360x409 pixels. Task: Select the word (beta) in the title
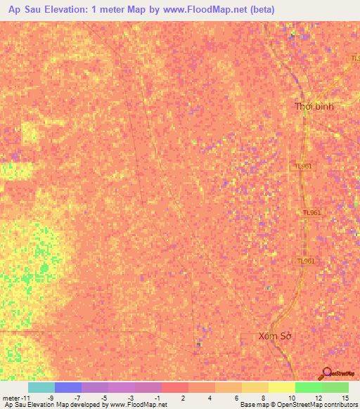[259, 10]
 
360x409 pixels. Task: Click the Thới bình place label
[314, 106]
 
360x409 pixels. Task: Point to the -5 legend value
[104, 398]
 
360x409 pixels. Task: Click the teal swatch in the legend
[41, 387]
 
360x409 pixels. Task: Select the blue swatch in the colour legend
[67, 387]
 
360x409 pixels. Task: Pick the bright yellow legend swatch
[281, 387]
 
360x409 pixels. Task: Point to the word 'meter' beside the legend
[10, 398]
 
